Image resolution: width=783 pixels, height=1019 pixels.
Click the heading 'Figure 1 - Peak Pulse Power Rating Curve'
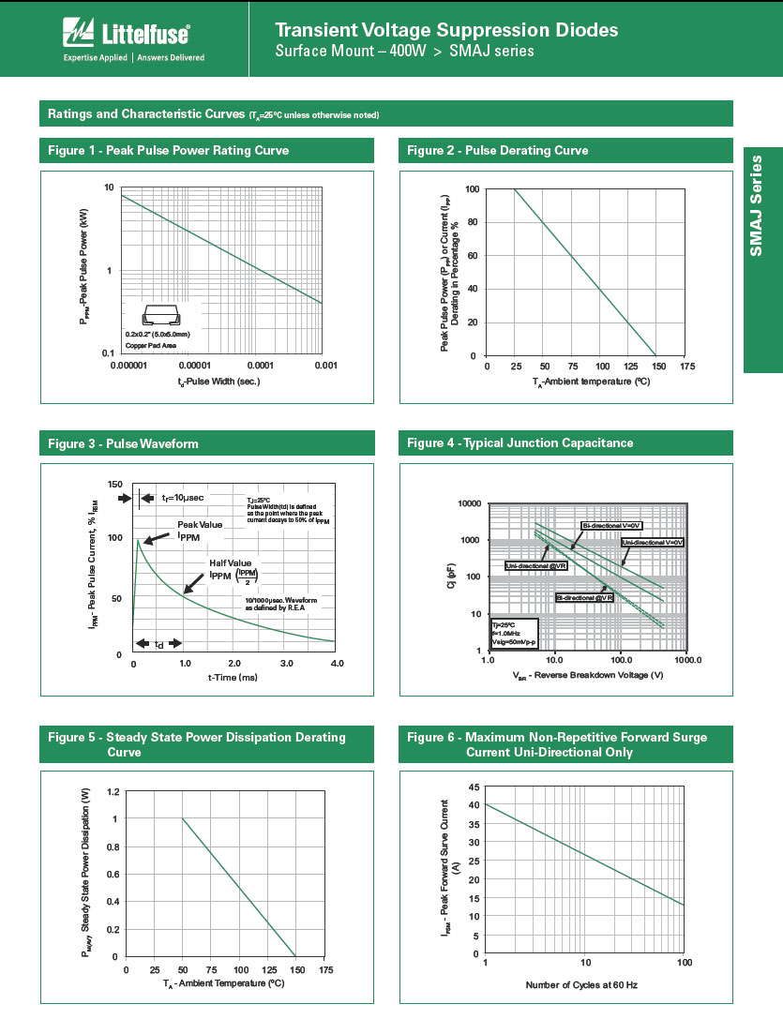click(x=169, y=151)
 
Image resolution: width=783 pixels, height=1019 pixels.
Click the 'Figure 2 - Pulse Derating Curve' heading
click(x=498, y=151)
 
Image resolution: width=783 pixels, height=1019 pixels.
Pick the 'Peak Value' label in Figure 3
click(x=200, y=525)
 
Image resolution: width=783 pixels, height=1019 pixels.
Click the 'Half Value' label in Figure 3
click(x=231, y=562)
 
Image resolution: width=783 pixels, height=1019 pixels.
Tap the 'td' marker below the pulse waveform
click(x=158, y=644)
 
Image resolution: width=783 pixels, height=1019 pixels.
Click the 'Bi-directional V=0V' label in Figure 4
click(x=610, y=526)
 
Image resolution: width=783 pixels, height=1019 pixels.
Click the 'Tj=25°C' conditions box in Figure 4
click(x=512, y=633)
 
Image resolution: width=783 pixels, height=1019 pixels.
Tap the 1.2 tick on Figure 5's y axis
click(x=113, y=792)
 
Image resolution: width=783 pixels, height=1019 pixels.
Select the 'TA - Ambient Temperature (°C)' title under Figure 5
click(x=223, y=984)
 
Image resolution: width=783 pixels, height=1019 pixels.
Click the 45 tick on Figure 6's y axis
click(x=474, y=787)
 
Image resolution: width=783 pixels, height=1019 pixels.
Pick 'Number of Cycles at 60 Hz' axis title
click(x=581, y=984)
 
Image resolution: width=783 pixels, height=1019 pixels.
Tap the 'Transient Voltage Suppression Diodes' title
click(x=446, y=30)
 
